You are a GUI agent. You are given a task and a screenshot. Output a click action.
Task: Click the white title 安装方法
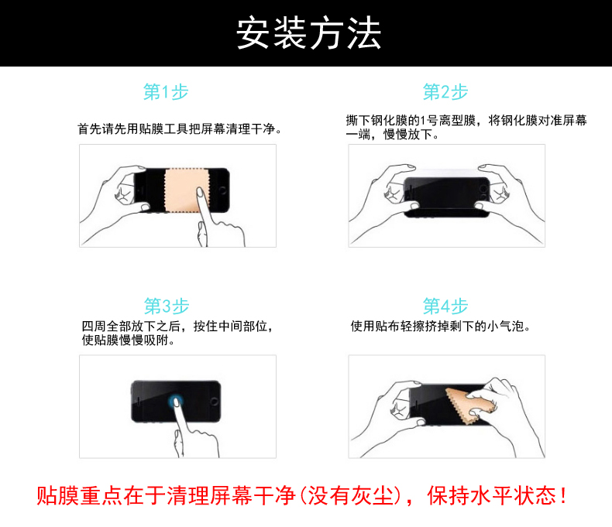click(x=308, y=33)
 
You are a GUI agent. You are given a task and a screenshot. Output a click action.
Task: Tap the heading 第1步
click(x=166, y=92)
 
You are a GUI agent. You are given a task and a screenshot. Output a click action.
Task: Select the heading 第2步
click(x=445, y=92)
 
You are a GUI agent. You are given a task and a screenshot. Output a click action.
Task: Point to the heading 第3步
click(x=167, y=306)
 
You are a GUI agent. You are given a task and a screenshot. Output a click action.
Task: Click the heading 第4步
click(x=445, y=306)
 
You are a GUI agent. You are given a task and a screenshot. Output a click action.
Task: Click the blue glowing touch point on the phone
click(x=175, y=400)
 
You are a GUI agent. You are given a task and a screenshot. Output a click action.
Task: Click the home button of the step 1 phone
click(x=222, y=190)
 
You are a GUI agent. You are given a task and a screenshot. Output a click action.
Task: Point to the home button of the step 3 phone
click(x=214, y=402)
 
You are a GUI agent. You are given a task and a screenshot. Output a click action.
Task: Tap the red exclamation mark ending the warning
click(x=563, y=495)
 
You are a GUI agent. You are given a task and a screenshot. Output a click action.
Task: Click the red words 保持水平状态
click(x=491, y=496)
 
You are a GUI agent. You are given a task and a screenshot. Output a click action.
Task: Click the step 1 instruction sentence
click(x=180, y=128)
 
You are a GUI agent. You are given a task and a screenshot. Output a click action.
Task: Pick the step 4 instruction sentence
click(x=441, y=327)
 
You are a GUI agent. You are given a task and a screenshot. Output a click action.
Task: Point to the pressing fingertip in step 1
click(x=200, y=192)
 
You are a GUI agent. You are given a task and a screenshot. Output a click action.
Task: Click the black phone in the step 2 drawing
click(x=446, y=197)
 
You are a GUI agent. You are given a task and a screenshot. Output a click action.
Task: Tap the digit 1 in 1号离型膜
click(x=423, y=121)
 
